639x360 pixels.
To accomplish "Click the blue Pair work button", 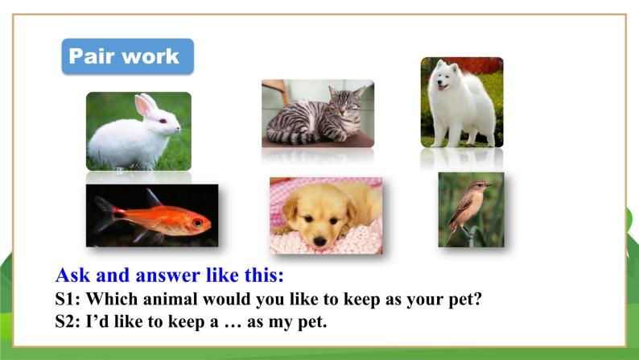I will click(127, 56).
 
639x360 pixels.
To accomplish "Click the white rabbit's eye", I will click(163, 121).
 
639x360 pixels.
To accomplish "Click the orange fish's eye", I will click(196, 222).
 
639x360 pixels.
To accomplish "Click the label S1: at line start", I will click(68, 298).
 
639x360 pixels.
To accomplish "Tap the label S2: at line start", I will click(68, 321).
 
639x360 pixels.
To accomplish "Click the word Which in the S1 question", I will click(113, 298).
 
